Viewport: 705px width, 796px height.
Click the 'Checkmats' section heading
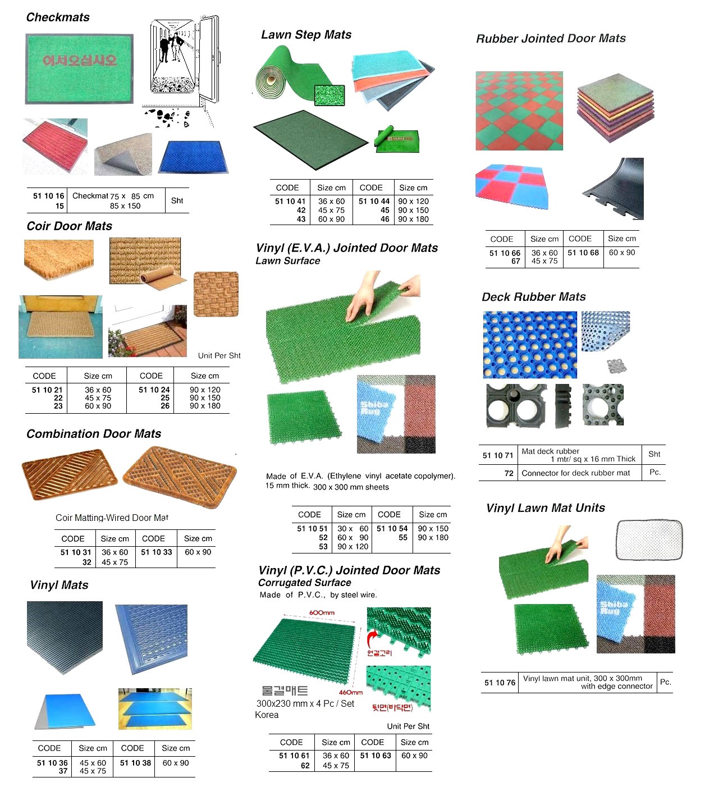click(x=58, y=17)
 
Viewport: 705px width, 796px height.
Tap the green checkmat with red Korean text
click(x=79, y=68)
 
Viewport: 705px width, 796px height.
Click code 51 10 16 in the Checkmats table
click(x=48, y=196)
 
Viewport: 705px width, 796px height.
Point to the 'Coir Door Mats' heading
click(x=69, y=226)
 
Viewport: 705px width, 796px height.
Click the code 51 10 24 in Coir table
click(x=154, y=390)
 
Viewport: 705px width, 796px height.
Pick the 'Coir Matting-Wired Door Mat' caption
click(x=112, y=518)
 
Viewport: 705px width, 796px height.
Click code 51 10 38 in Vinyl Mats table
click(x=135, y=763)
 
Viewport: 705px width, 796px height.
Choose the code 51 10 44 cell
click(x=374, y=201)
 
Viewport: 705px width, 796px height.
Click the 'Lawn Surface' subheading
click(x=287, y=261)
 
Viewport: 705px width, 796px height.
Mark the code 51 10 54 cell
click(x=392, y=528)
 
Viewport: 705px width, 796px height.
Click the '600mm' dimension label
click(x=322, y=612)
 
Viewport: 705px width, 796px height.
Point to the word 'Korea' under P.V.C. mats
click(x=267, y=715)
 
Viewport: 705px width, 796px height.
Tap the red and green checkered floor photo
click(x=519, y=111)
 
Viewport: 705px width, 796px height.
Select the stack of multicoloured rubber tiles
click(x=615, y=107)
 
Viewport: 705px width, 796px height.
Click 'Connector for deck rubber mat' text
click(x=575, y=473)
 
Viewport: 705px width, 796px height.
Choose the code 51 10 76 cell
click(x=500, y=683)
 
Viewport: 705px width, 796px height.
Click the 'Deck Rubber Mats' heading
click(x=533, y=297)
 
